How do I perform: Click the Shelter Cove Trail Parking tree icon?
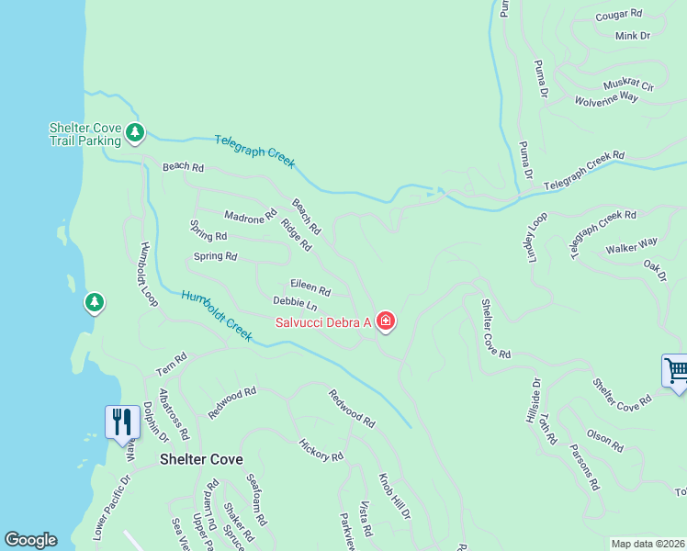click(x=135, y=133)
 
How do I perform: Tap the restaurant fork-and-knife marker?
click(x=121, y=422)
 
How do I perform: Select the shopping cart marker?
click(x=676, y=371)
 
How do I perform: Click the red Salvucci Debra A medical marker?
click(x=386, y=321)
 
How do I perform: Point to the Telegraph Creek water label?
click(x=254, y=151)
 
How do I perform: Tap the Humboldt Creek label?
click(x=217, y=316)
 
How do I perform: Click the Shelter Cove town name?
click(x=202, y=459)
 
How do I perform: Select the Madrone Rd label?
click(x=250, y=216)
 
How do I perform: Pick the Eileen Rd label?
click(x=310, y=287)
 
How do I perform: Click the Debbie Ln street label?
click(x=295, y=302)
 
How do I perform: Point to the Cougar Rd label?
click(x=618, y=16)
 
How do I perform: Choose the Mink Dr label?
click(x=633, y=36)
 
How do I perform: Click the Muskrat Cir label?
click(x=628, y=85)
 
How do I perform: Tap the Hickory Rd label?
click(x=321, y=449)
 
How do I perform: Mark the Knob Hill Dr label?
click(x=394, y=497)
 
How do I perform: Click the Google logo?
click(x=30, y=540)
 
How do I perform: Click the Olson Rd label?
click(x=605, y=440)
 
